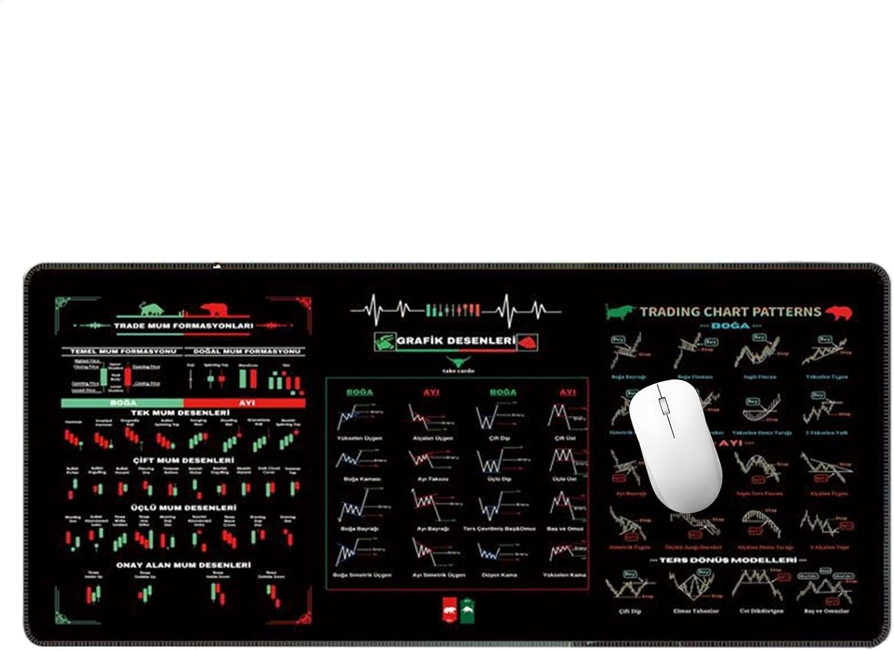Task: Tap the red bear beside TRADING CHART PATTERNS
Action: click(839, 312)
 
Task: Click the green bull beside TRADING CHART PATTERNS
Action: click(620, 312)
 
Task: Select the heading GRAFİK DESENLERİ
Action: click(455, 341)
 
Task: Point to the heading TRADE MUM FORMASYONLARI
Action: click(183, 326)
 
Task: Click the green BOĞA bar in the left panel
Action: click(123, 403)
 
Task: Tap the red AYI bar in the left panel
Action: click(246, 403)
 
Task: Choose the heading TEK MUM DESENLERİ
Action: click(180, 413)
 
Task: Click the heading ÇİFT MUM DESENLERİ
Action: click(183, 460)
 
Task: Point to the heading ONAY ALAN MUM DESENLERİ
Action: click(183, 565)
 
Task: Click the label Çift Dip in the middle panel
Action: click(499, 438)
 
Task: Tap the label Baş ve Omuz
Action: click(566, 529)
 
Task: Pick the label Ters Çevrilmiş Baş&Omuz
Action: click(498, 529)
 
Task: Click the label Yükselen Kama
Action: click(564, 575)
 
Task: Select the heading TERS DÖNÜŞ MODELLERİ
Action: click(731, 560)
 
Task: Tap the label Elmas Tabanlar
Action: click(696, 611)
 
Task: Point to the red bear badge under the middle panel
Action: click(449, 609)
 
